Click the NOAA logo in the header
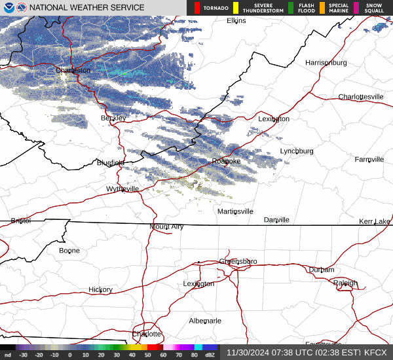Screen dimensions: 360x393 7,8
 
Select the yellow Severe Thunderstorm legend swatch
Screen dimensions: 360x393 235,8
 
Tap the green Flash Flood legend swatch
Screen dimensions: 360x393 291,8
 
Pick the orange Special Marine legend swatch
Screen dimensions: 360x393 322,8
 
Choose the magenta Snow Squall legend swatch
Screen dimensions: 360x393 356,8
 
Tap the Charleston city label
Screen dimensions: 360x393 73,70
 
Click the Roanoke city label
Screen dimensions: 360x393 226,161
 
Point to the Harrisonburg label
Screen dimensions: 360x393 326,62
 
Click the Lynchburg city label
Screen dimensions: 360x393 297,151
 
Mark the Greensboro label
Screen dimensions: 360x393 238,261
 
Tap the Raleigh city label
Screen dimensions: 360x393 345,283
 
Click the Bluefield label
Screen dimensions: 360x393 111,162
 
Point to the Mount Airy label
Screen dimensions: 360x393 166,226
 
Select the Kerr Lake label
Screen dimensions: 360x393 374,221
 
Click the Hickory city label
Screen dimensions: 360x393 100,289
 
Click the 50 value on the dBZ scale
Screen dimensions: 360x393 147,355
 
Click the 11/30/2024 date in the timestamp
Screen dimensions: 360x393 246,352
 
